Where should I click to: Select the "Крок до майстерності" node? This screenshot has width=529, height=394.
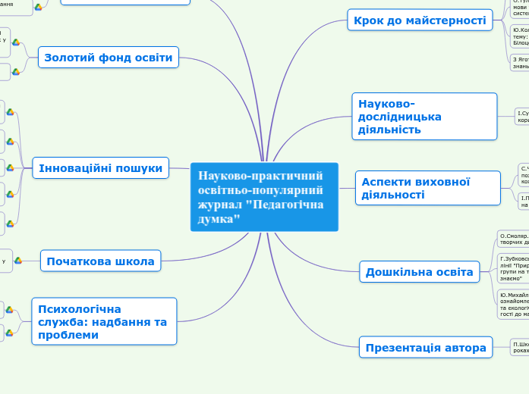(418, 20)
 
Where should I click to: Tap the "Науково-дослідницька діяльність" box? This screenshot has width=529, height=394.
(424, 117)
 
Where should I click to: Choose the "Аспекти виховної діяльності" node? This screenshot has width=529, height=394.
(427, 188)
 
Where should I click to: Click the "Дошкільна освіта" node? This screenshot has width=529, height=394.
(419, 272)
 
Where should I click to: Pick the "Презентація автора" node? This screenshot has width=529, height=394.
(425, 348)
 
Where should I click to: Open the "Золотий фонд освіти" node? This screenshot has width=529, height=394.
(108, 57)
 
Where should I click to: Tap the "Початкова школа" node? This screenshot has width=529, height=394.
(100, 261)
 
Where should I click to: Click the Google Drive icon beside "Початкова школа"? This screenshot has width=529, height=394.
(17, 261)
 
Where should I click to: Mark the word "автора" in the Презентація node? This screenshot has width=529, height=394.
(462, 348)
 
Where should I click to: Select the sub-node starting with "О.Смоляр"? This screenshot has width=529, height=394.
(513, 240)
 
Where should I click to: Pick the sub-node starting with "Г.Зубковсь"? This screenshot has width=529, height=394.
(513, 267)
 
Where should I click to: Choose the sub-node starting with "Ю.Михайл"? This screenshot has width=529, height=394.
(513, 303)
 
